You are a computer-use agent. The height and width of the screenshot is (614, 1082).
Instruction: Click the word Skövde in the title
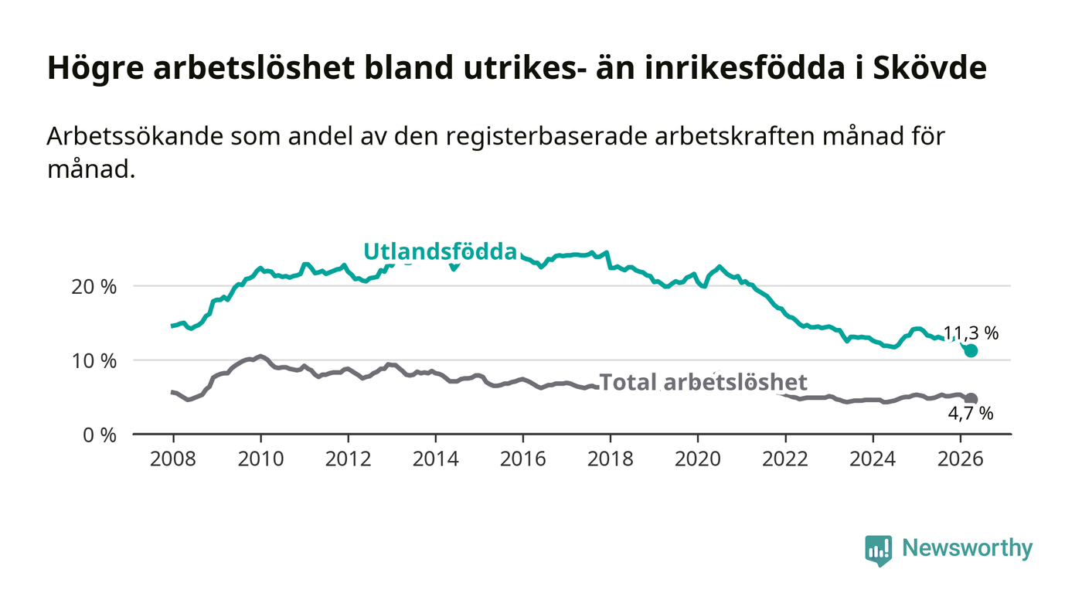point(930,68)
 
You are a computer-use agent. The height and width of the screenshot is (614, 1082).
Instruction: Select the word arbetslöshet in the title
point(254,68)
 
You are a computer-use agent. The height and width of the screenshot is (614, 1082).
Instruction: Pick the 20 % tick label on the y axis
point(94,287)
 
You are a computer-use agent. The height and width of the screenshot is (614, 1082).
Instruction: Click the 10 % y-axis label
point(94,360)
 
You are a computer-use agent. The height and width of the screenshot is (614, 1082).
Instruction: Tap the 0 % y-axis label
point(100,435)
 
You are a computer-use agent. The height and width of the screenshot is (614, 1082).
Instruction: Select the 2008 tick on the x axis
point(173,459)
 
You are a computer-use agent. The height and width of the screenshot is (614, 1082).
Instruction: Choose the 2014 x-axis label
point(435,459)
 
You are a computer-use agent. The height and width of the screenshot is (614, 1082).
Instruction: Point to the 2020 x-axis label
point(697,459)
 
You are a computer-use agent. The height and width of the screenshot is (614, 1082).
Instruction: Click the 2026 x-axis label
point(960,459)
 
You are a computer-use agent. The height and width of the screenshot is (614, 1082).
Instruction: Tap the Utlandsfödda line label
point(440,252)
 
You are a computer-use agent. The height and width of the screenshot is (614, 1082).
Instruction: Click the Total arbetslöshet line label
point(703,382)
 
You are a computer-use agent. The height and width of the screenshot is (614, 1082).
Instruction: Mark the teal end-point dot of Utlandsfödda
point(971,350)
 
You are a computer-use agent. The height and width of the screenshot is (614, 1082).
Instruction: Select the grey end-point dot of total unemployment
point(971,399)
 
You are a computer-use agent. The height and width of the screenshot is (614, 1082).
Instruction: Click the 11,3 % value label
point(971,333)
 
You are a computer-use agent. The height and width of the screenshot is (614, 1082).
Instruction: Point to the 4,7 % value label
point(971,414)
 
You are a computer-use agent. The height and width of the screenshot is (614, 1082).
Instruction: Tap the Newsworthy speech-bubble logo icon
point(878,550)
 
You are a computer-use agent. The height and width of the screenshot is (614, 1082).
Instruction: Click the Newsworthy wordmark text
point(967,547)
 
